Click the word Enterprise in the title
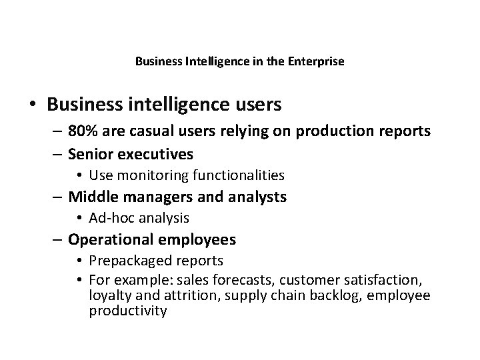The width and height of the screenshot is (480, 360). (319, 62)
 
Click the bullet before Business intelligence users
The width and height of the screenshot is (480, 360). (31, 105)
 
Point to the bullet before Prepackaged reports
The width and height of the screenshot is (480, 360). (79, 261)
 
